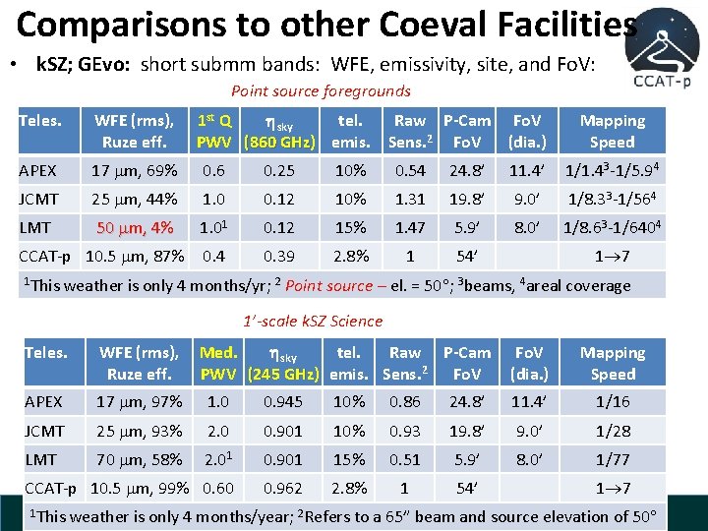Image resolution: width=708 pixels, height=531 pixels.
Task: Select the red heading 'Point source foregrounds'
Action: [x=321, y=90]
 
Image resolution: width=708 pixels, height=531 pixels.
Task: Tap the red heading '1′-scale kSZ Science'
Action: [x=313, y=321]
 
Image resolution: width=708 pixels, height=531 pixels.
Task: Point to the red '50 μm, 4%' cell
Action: [x=134, y=227]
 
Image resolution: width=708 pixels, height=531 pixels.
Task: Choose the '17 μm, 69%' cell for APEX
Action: [x=133, y=170]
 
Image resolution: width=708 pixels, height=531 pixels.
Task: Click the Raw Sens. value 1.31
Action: [x=409, y=199]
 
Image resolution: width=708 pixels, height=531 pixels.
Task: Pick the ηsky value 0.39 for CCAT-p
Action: [x=277, y=256]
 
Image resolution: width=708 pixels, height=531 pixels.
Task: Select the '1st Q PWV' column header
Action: [x=214, y=131]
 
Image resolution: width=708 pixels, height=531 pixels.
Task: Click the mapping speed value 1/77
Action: [x=613, y=459]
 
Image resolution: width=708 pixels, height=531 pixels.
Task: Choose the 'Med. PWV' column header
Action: [x=217, y=363]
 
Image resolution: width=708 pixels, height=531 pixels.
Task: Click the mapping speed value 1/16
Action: [x=613, y=401]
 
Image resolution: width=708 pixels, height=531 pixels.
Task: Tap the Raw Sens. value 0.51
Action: [x=405, y=459]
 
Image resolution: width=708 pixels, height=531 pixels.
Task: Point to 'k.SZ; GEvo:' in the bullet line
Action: [x=85, y=65]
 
